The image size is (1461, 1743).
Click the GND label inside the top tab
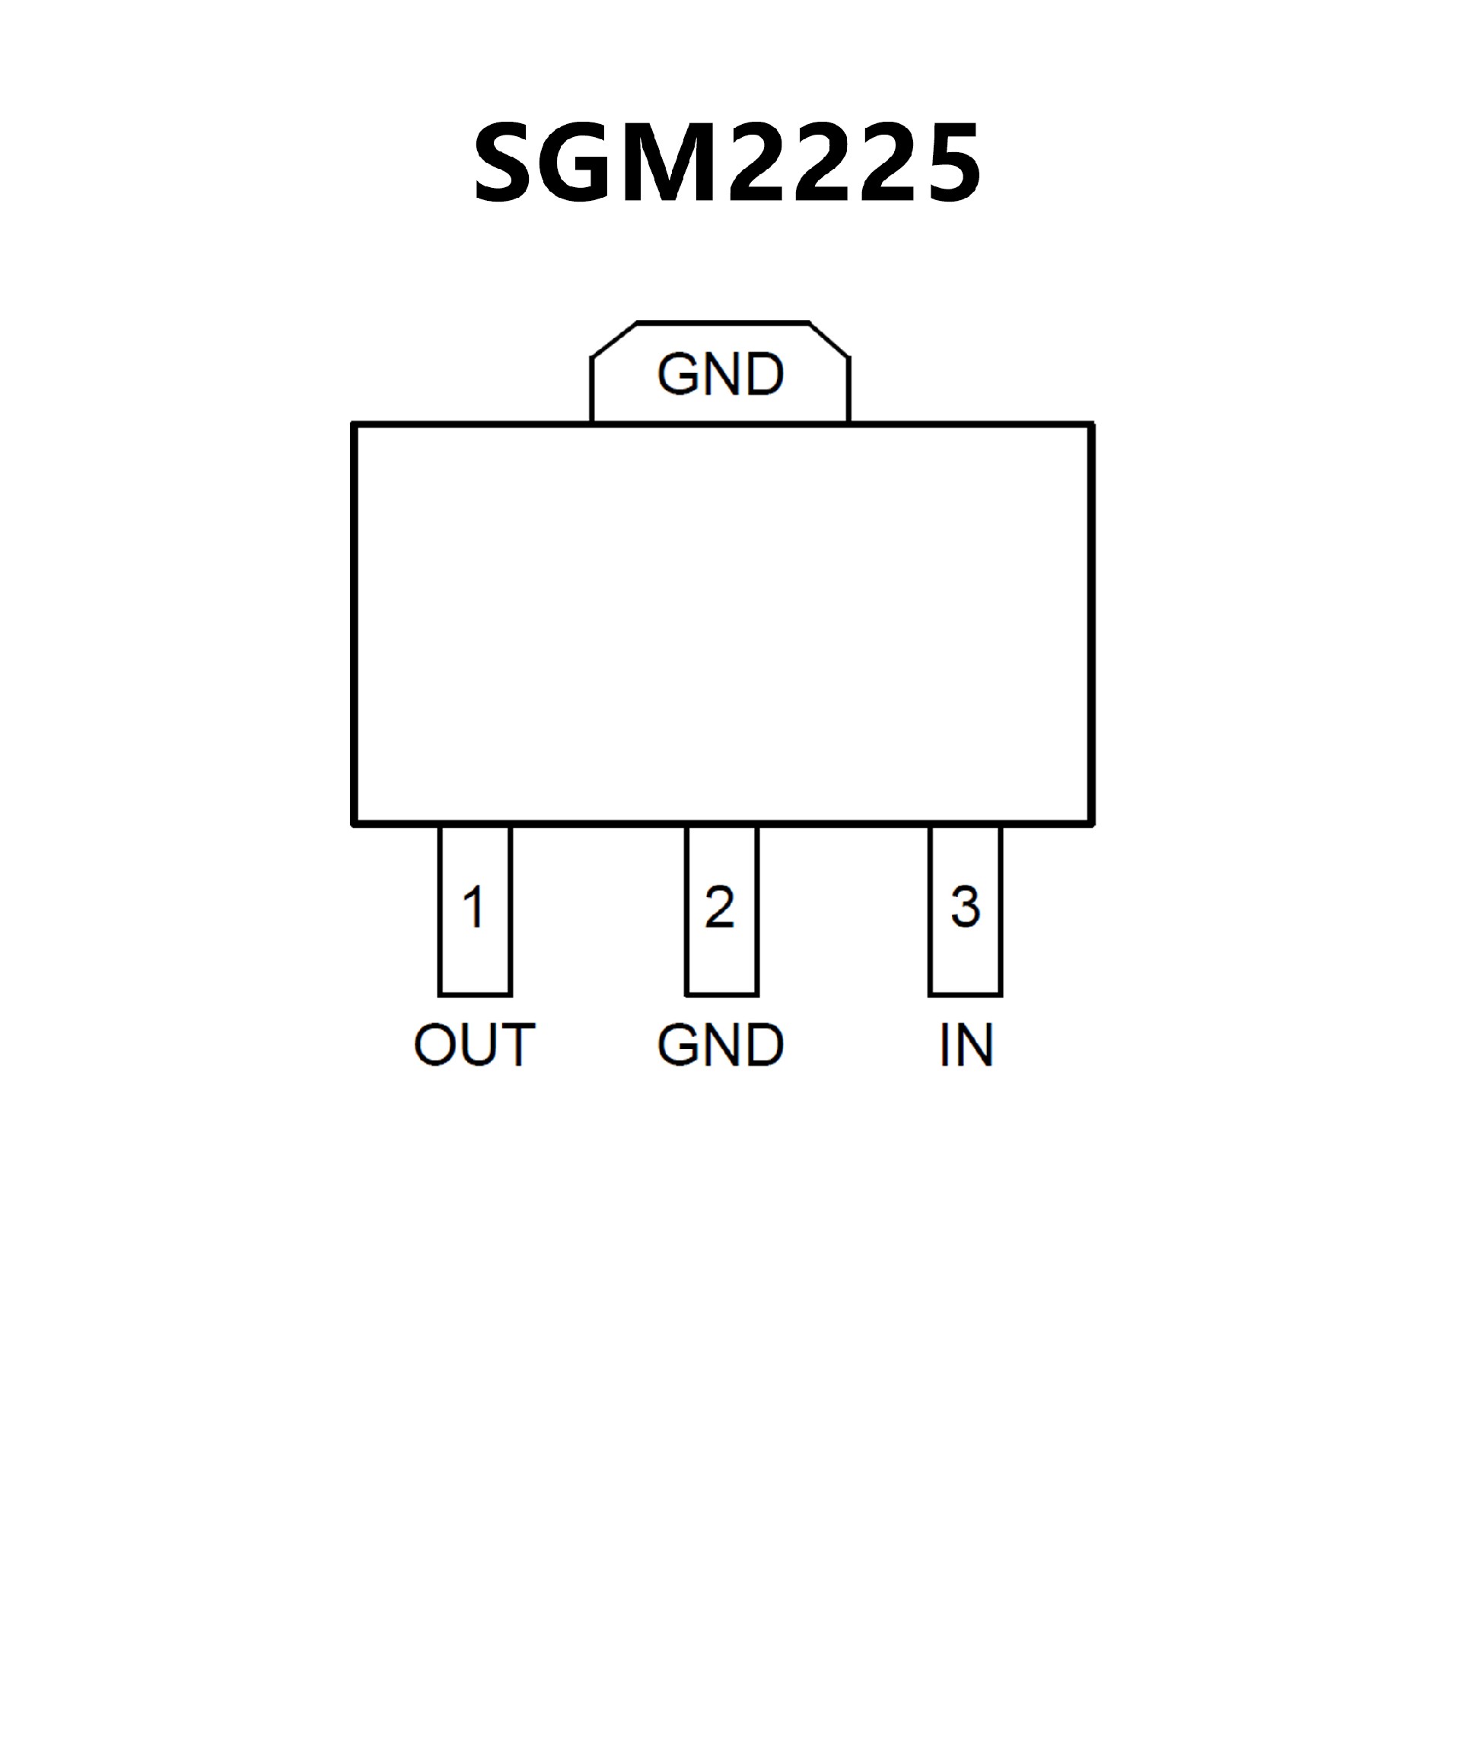tap(720, 374)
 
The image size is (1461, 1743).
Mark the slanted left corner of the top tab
tap(613, 339)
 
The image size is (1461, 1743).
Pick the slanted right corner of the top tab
tap(829, 340)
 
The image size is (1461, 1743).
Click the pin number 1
tap(474, 906)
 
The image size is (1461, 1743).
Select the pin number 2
tap(720, 906)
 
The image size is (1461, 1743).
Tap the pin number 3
tap(965, 906)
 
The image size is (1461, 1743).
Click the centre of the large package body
tap(722, 624)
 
